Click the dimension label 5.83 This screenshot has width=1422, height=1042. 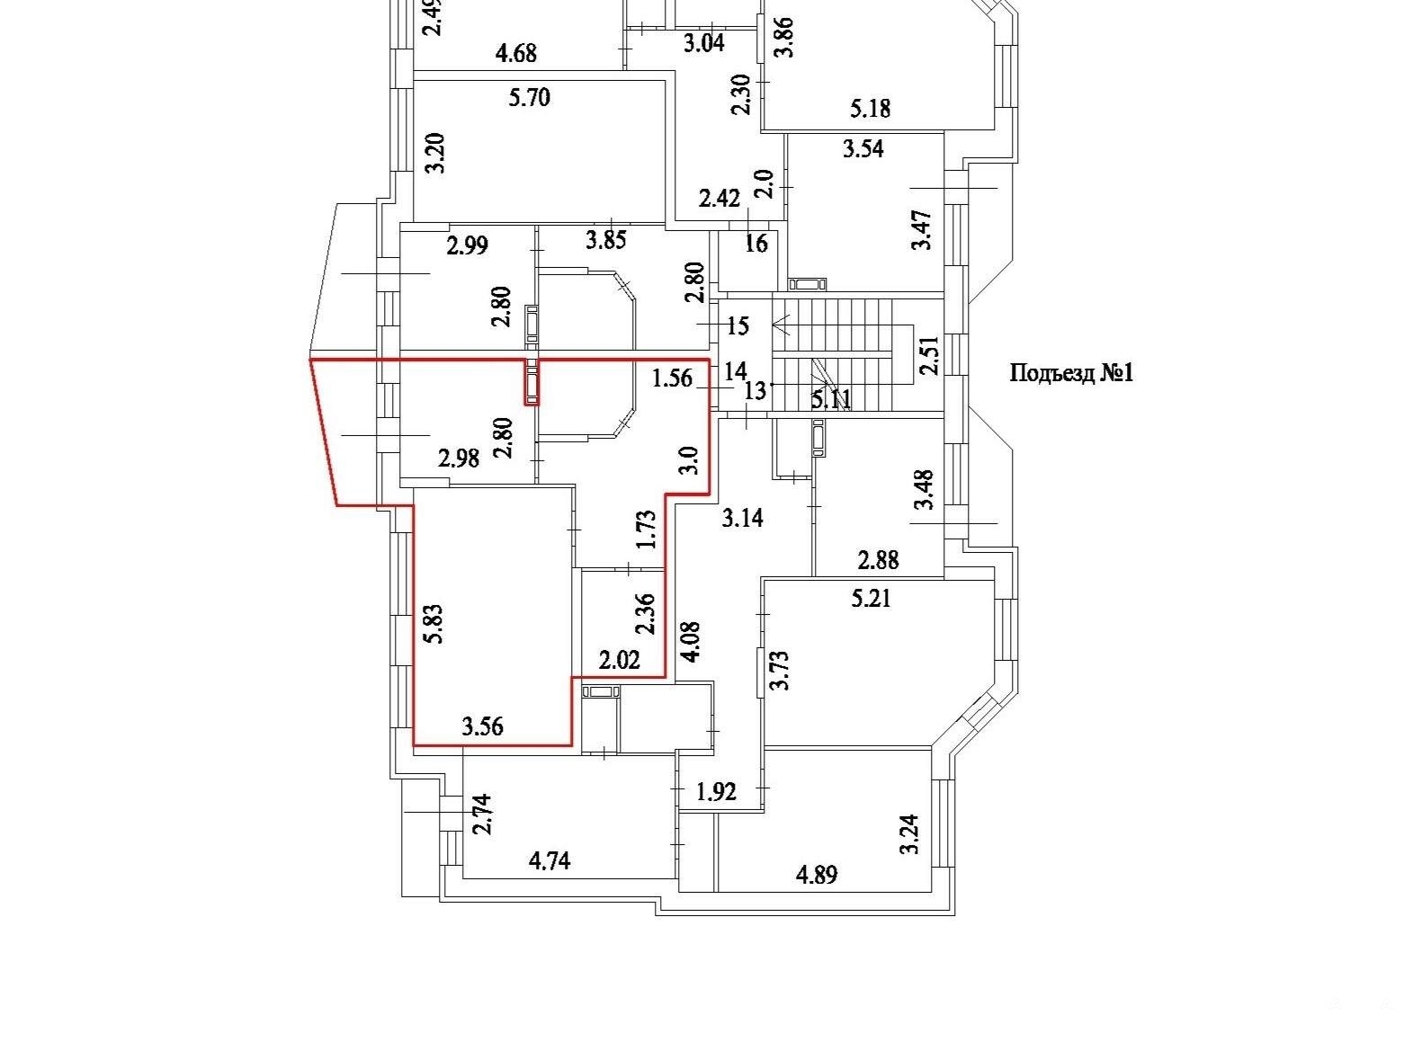(x=435, y=625)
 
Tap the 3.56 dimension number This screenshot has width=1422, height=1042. (x=482, y=726)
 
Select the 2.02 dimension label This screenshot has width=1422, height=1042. (x=619, y=661)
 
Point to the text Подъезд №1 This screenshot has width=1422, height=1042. (x=1071, y=372)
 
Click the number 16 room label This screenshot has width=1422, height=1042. (x=756, y=243)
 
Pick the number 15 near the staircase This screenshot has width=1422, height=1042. (x=738, y=326)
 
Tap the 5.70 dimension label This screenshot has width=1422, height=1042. (x=530, y=98)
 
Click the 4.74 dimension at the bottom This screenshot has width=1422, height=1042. (x=550, y=861)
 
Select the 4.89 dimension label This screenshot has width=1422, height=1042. (x=817, y=875)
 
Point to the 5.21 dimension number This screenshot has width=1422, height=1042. (x=871, y=598)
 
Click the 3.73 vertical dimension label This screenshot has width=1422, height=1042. (x=779, y=670)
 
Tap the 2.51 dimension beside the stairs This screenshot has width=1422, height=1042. (x=929, y=355)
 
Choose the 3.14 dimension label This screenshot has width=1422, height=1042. (x=742, y=519)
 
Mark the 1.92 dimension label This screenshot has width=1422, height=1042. (x=716, y=791)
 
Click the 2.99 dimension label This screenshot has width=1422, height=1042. (x=467, y=245)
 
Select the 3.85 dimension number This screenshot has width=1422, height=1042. (x=605, y=240)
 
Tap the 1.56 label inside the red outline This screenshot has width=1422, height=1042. (x=672, y=379)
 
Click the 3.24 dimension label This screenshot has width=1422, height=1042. (x=909, y=834)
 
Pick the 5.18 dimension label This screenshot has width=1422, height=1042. (x=871, y=109)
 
